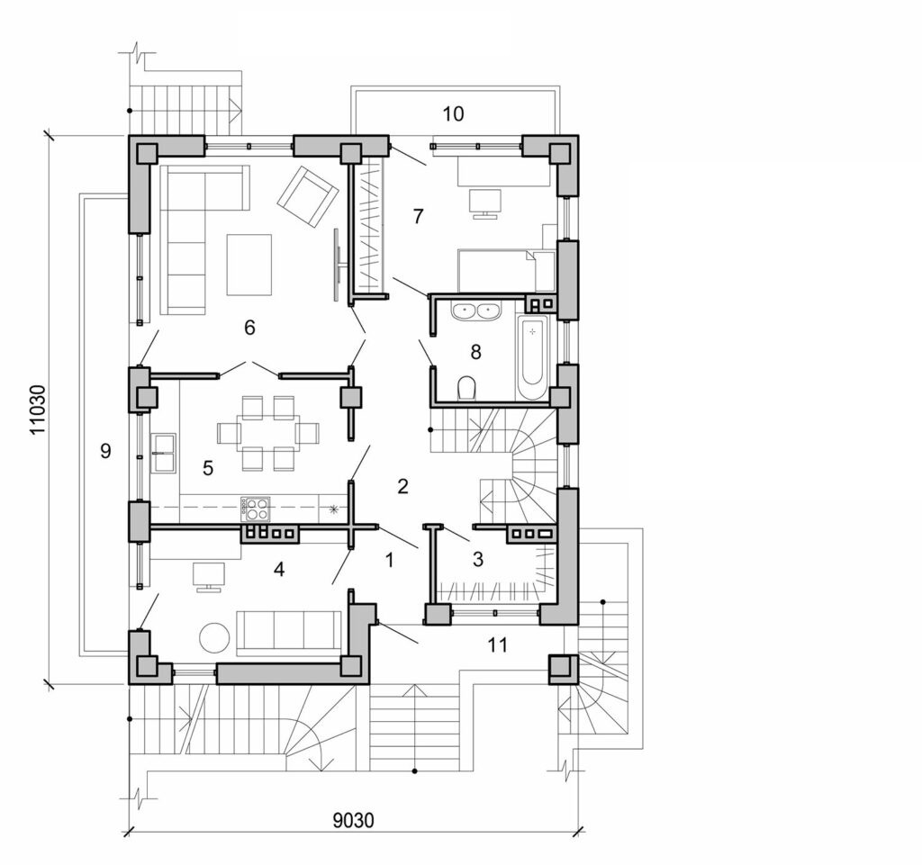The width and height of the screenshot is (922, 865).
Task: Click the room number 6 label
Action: (249, 328)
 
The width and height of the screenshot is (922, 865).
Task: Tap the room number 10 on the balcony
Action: (453, 113)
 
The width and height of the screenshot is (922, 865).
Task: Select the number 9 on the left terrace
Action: (105, 452)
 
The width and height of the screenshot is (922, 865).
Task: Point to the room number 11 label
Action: (496, 644)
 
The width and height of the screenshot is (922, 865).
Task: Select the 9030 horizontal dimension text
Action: (354, 820)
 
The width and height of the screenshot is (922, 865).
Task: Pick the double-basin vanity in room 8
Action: (475, 311)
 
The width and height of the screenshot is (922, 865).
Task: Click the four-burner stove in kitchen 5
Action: (255, 509)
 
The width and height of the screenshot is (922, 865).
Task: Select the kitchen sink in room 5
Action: (164, 452)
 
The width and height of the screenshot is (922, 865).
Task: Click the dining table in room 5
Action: (267, 434)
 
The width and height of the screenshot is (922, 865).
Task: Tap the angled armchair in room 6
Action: (307, 196)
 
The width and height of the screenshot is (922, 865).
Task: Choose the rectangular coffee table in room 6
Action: (249, 265)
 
